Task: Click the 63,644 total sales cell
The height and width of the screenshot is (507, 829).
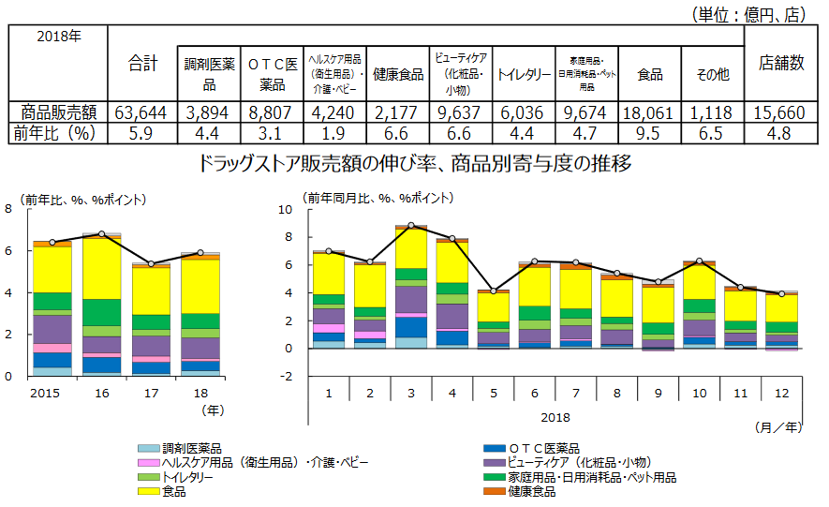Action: (x=141, y=112)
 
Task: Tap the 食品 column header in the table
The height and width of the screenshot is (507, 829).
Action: (x=650, y=73)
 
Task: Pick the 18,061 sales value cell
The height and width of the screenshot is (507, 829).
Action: (x=650, y=112)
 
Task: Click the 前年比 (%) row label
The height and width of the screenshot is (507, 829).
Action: (x=56, y=133)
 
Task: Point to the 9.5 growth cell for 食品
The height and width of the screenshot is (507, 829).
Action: (x=650, y=133)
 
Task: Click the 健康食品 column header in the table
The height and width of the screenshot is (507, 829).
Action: (x=398, y=73)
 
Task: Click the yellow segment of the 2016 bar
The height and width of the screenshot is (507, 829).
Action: (x=102, y=269)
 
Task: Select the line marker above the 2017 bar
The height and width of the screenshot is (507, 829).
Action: (x=152, y=264)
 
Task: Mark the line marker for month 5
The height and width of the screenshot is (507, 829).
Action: (x=494, y=291)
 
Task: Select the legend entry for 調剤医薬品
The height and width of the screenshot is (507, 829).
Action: (x=184, y=449)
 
